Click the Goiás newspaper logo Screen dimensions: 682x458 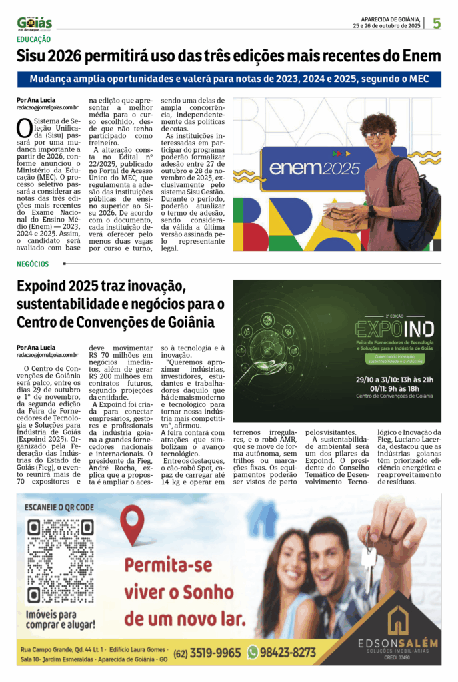click(x=34, y=23)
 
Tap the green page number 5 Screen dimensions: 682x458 click(x=436, y=23)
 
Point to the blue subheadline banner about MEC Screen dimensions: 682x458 click(x=229, y=79)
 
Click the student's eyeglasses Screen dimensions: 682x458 click(x=377, y=135)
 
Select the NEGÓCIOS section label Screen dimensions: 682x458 click(x=35, y=264)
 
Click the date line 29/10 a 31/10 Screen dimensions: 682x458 click(x=395, y=380)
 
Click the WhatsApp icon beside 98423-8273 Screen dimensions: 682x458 click(x=252, y=652)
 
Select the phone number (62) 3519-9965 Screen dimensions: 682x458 click(x=207, y=653)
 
